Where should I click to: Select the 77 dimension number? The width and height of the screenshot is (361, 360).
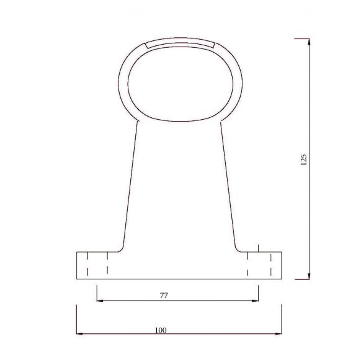164,295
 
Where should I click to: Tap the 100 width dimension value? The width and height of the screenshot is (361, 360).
161,330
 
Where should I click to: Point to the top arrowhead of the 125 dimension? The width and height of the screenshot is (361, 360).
308,42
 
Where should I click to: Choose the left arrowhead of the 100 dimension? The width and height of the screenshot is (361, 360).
79,333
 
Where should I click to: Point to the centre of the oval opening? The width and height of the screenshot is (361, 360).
179,81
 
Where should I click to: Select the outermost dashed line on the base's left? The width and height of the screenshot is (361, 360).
87,264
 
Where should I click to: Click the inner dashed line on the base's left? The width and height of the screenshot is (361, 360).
108,264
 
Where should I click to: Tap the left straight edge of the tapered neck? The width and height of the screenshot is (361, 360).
130,180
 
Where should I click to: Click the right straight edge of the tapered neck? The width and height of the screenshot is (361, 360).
227,180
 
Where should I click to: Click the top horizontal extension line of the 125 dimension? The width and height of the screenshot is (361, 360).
301,38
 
